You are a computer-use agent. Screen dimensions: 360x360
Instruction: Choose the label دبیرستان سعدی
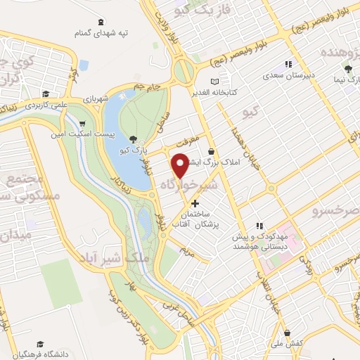pos(289,73)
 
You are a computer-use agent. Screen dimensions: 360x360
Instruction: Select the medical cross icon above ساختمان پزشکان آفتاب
pos(195,203)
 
